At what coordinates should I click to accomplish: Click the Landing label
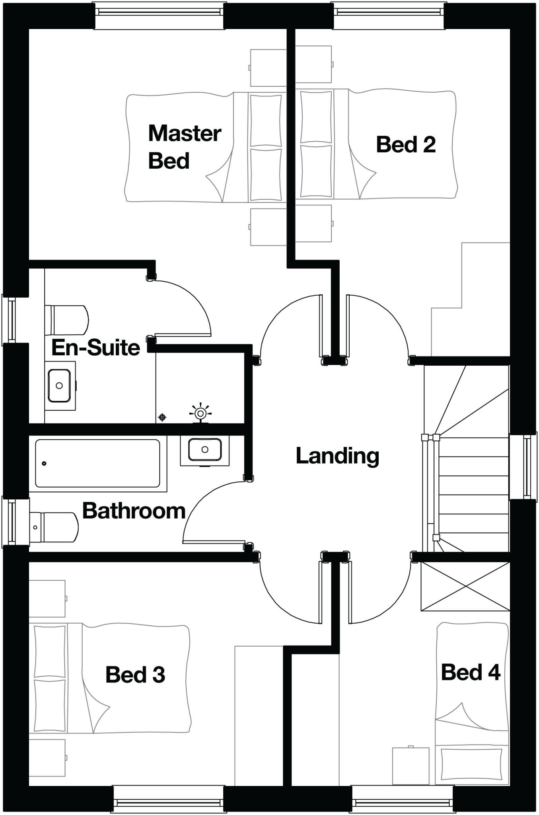click(x=337, y=456)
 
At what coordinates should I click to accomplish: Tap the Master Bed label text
click(x=184, y=147)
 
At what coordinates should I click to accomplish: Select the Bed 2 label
click(x=406, y=144)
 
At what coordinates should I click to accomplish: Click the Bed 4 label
click(x=471, y=672)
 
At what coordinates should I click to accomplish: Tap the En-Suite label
click(x=96, y=347)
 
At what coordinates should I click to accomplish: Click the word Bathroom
click(x=134, y=511)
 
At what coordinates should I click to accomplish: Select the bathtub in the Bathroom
click(x=97, y=463)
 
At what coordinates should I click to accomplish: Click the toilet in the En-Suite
click(x=67, y=320)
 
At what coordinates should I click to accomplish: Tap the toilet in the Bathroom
click(x=54, y=527)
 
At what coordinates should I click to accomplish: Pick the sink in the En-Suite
click(x=60, y=385)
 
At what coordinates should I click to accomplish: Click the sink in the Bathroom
click(x=205, y=450)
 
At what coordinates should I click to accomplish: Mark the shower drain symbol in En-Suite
click(x=162, y=417)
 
